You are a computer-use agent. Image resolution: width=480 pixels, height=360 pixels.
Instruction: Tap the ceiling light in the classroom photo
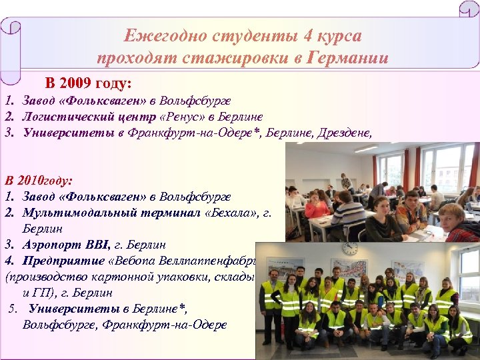(x=365, y=149)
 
